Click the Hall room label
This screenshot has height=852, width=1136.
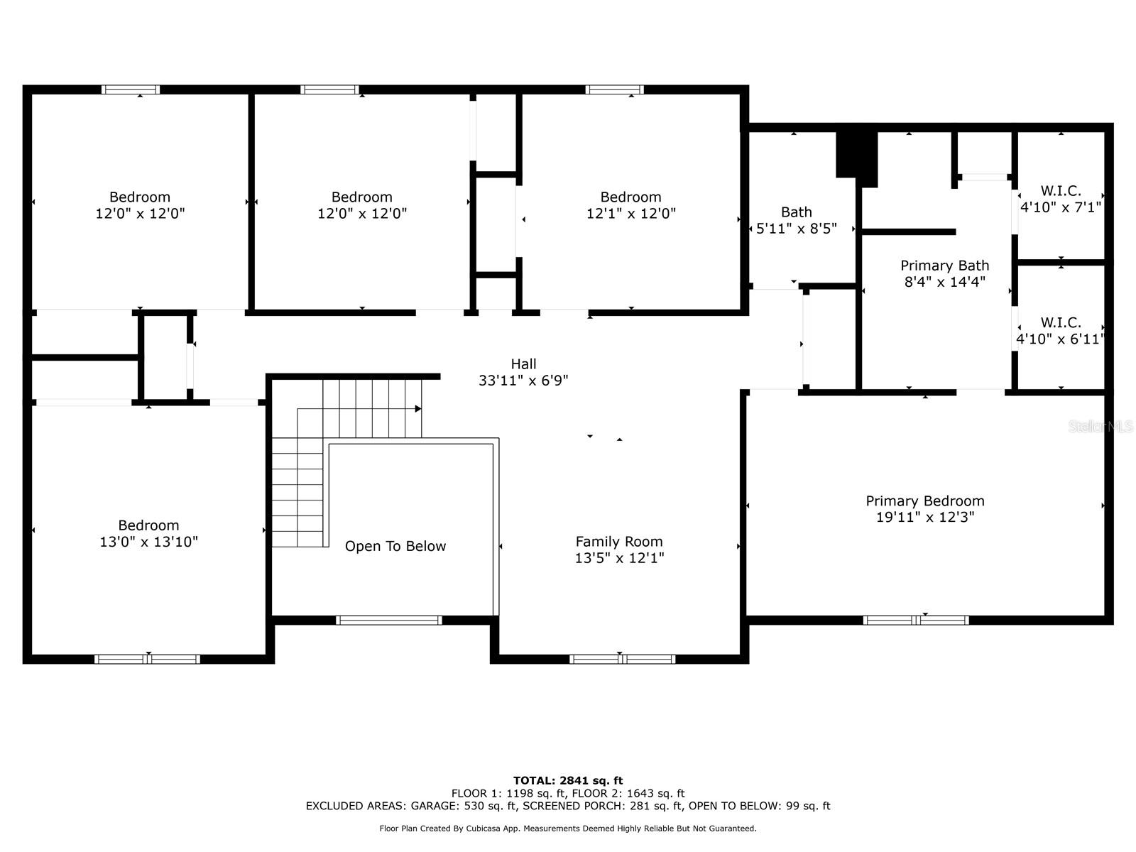point(523,364)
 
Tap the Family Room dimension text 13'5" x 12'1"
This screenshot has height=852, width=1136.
point(619,558)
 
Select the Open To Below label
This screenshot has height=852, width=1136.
point(395,546)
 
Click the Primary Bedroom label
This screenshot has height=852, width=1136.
point(924,501)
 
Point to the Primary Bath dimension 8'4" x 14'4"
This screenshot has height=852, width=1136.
point(944,282)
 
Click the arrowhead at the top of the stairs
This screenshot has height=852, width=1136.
point(418,409)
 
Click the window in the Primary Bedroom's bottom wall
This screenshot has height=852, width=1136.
point(916,620)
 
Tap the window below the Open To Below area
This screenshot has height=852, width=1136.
point(388,620)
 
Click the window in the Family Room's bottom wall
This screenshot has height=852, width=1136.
point(622,659)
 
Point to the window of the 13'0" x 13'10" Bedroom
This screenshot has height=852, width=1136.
point(147,659)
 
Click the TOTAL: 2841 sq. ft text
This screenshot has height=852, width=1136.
point(568,780)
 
